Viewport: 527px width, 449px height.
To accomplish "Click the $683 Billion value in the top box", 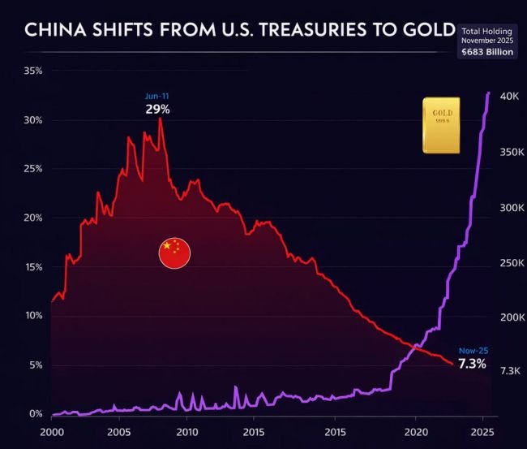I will (x=486, y=52).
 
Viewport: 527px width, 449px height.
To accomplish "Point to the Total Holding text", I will (x=486, y=30).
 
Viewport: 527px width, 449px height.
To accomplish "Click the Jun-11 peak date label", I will (x=157, y=96).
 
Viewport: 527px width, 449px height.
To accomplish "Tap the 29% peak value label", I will (x=157, y=109).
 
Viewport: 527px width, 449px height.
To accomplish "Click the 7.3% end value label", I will (x=472, y=364).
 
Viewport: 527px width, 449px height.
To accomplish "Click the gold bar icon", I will (x=442, y=125).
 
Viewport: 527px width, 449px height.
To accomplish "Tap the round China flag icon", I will (x=174, y=253).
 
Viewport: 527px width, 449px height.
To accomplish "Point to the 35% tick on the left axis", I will (x=32, y=71).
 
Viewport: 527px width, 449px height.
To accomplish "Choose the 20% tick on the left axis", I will (x=32, y=218).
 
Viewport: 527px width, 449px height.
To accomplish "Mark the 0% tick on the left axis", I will (x=36, y=413).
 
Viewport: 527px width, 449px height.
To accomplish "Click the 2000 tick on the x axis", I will (x=52, y=432).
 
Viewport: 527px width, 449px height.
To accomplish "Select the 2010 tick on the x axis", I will (x=187, y=432).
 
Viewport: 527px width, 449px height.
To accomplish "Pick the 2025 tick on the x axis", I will (x=482, y=432).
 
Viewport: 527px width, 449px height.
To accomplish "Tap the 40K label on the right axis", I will (x=509, y=97).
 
